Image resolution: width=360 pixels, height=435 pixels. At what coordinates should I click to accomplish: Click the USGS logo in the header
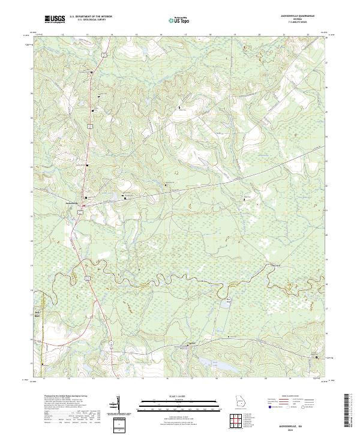tap(54, 19)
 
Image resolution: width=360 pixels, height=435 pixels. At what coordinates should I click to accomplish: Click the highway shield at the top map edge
tap(104, 54)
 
